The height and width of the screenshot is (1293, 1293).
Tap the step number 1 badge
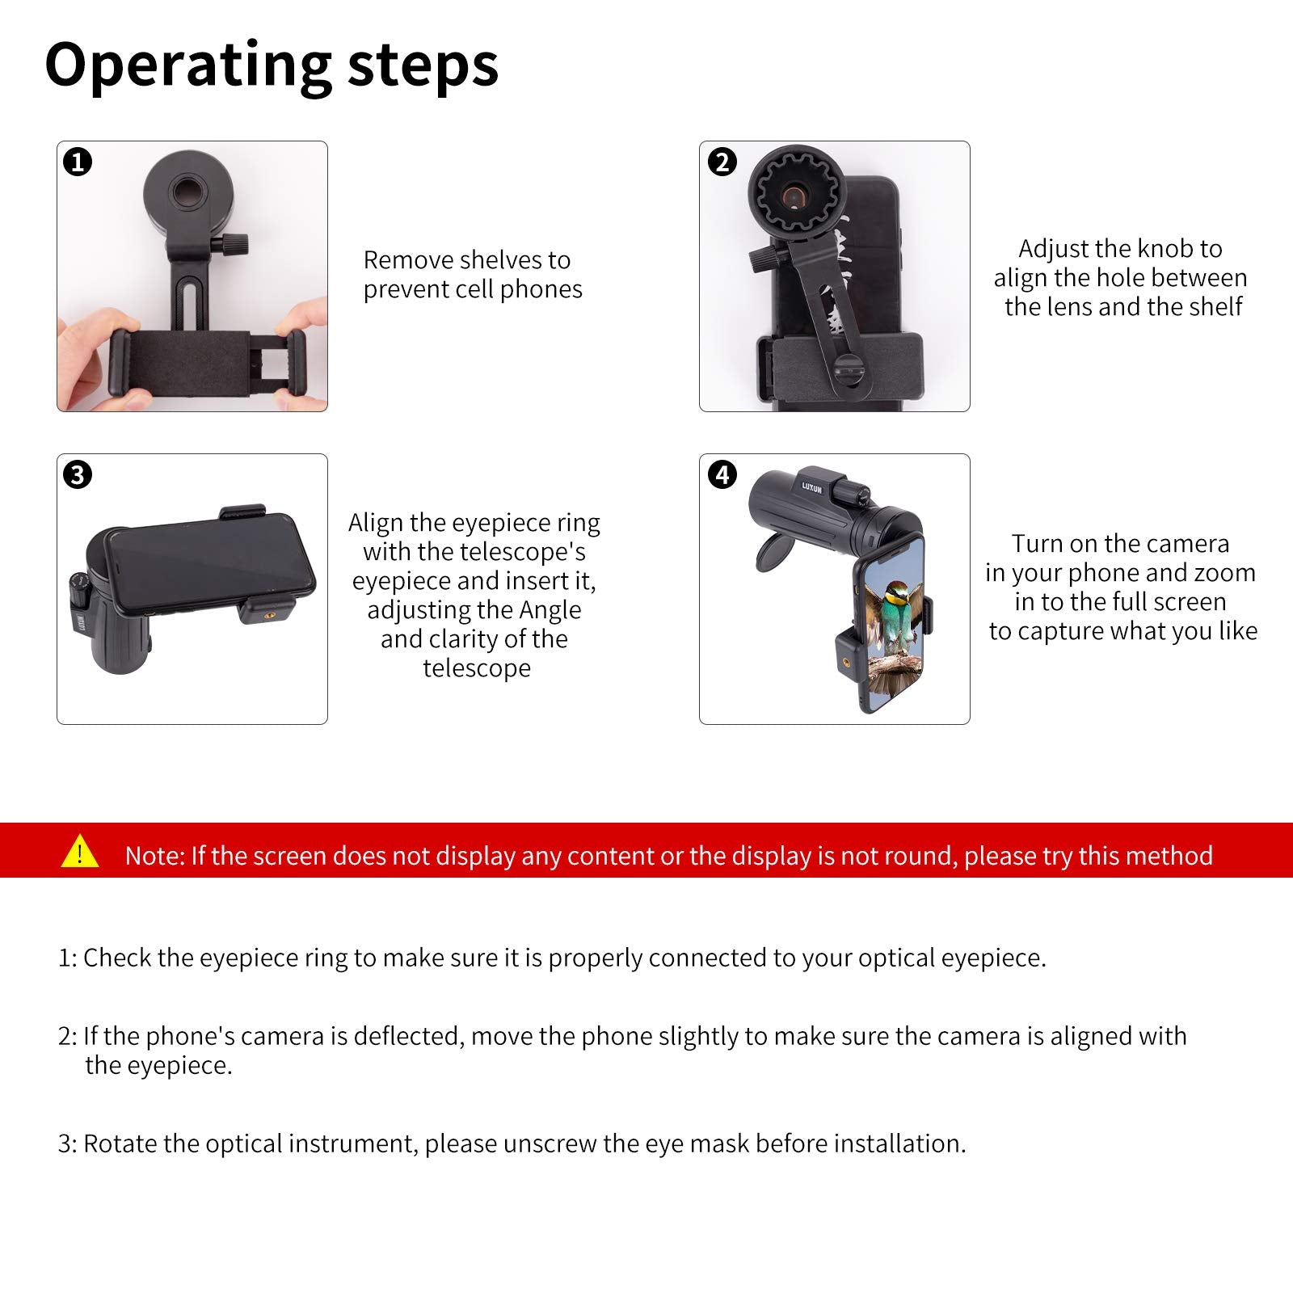(x=78, y=162)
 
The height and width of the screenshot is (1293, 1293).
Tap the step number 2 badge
(x=722, y=162)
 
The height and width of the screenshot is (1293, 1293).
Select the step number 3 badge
(x=78, y=474)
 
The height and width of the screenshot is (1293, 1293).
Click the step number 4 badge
(x=722, y=474)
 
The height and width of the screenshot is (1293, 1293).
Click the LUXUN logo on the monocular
(x=811, y=486)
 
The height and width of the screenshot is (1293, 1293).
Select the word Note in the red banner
(x=154, y=856)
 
